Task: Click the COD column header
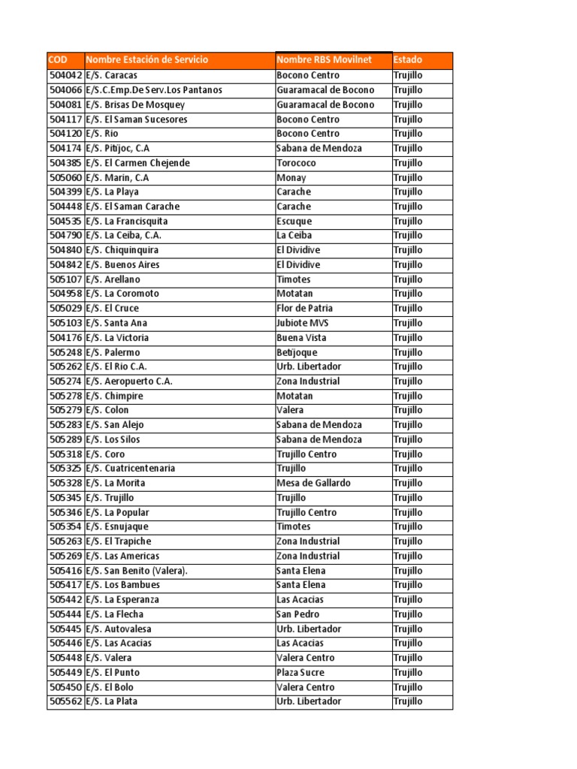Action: coord(57,60)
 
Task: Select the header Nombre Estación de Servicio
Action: coord(147,60)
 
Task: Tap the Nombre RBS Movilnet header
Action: coord(325,60)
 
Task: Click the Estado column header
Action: coord(408,60)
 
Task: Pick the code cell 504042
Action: coord(66,76)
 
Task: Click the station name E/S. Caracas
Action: coord(112,76)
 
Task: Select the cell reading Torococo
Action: coord(297,163)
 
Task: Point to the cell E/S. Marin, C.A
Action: coord(117,178)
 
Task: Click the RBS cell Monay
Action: coord(292,178)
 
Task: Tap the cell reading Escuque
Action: coord(294,222)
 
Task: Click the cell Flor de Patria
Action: coord(304,309)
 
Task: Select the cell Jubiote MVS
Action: coord(303,323)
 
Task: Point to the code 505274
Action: coord(66,381)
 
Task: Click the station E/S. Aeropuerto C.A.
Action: coord(129,381)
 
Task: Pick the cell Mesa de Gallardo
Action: coord(313,483)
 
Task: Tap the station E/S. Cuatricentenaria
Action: coord(131,469)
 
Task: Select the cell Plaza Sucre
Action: coord(301,673)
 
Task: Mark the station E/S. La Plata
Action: coord(112,701)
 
